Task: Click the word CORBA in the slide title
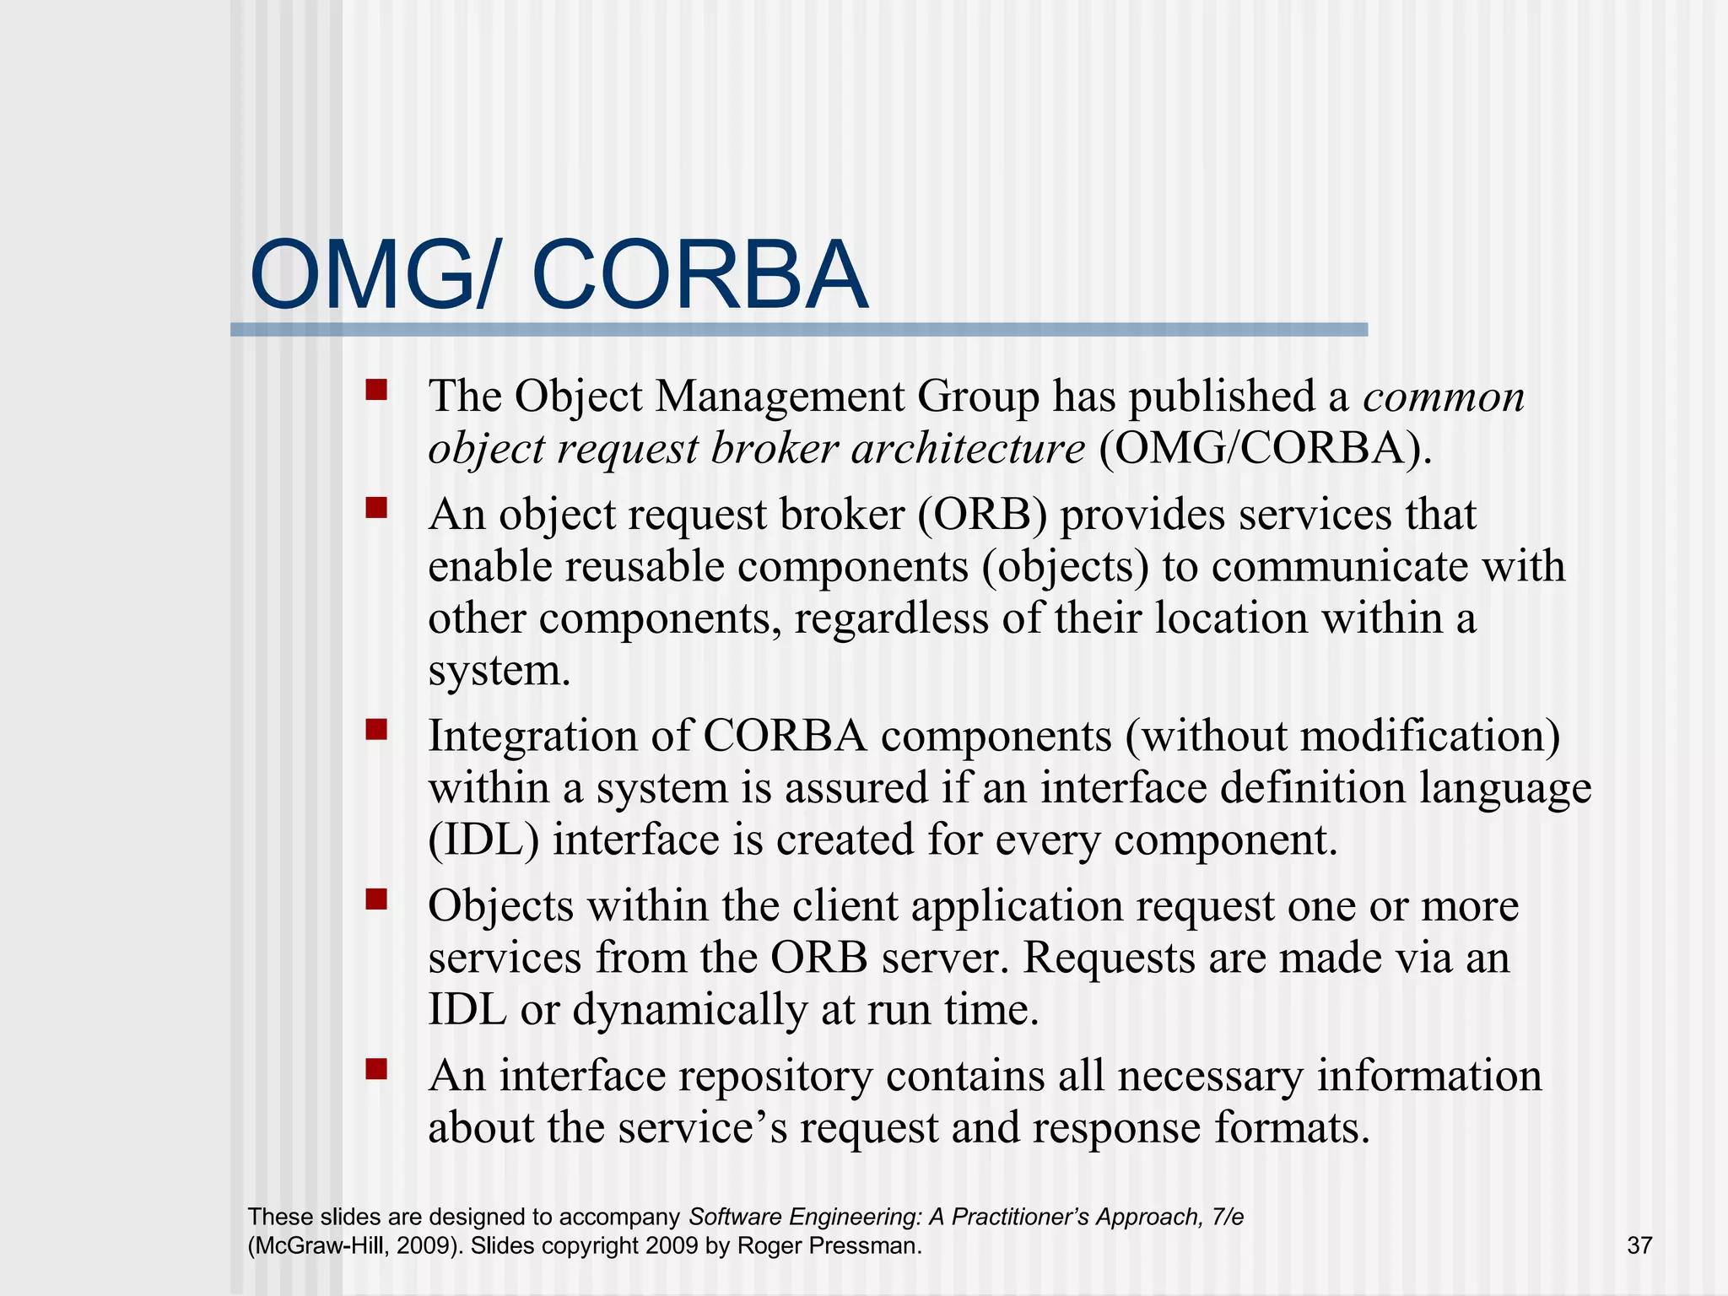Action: (x=699, y=276)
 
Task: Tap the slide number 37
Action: (x=1639, y=1245)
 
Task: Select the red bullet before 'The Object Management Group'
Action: (x=376, y=389)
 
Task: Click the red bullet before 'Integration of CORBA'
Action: (x=376, y=728)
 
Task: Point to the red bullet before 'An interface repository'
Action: (x=376, y=1069)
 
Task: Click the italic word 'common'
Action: (x=1444, y=397)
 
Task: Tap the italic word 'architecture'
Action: (x=968, y=448)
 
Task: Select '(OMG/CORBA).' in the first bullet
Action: (x=1265, y=448)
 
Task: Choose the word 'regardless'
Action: (x=891, y=618)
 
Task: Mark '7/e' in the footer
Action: (x=1226, y=1217)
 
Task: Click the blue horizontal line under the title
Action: (x=798, y=330)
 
